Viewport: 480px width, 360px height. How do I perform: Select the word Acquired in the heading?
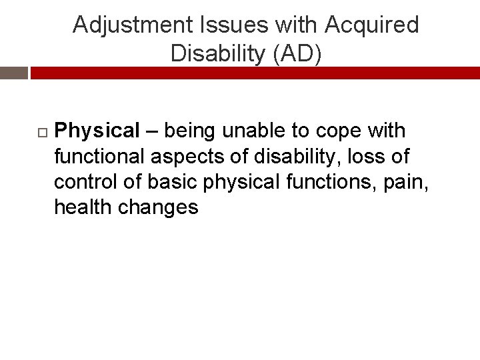coord(371,25)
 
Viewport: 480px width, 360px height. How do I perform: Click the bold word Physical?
coord(97,131)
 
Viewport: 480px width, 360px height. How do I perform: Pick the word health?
coord(84,207)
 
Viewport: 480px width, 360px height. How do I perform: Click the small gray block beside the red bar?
coord(13,73)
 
